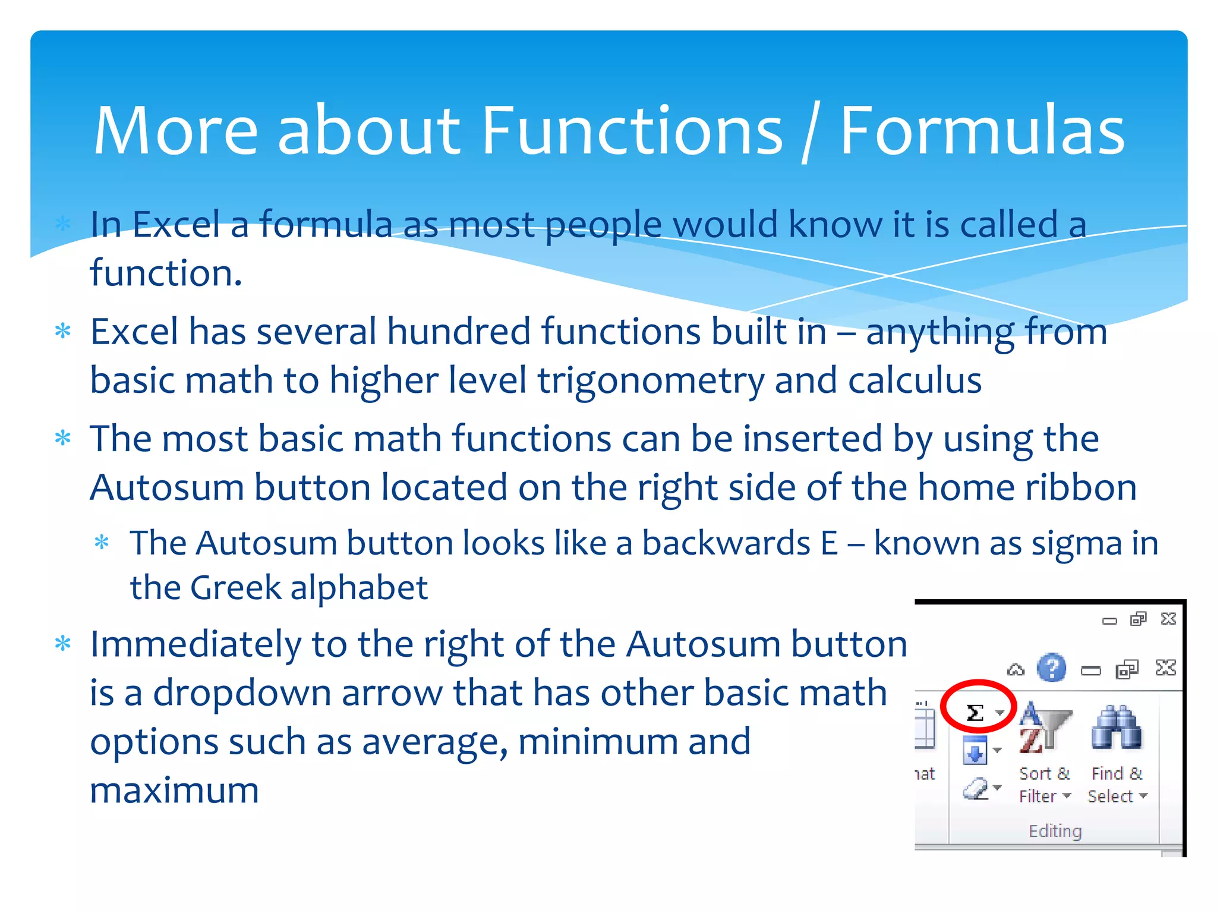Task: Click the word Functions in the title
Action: [632, 131]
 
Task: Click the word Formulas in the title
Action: [982, 131]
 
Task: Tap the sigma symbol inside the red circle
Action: [975, 712]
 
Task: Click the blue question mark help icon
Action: [1051, 668]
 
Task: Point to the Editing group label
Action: [1055, 830]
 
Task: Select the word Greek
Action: [235, 587]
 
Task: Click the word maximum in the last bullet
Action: [174, 791]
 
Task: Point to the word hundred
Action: [459, 332]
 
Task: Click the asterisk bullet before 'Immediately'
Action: [62, 644]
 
